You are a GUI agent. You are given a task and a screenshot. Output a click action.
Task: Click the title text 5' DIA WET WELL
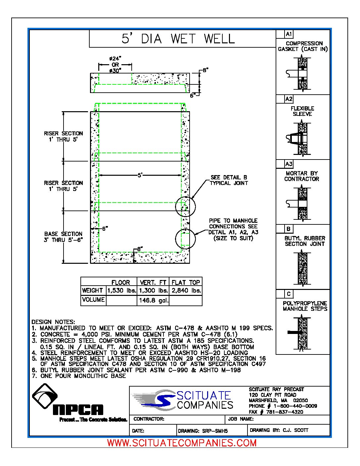178,39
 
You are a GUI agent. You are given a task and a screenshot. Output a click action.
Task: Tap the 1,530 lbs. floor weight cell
121,291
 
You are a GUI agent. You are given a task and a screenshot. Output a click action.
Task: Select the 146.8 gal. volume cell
153,301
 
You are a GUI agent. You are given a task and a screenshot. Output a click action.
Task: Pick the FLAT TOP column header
186,282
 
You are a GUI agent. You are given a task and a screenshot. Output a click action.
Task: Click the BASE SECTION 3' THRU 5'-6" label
63,237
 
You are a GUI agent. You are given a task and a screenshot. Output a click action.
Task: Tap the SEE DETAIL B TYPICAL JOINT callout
229,180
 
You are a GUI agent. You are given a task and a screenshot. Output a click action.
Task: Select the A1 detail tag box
289,34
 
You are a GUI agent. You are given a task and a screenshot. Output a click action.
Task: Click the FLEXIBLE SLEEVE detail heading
302,111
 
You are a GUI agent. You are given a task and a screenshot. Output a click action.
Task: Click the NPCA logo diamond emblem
45,396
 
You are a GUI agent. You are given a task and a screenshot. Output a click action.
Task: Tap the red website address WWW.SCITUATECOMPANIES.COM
182,443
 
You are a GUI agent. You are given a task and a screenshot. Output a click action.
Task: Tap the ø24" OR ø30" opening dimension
115,65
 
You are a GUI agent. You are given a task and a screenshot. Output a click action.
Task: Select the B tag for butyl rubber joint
289,229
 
